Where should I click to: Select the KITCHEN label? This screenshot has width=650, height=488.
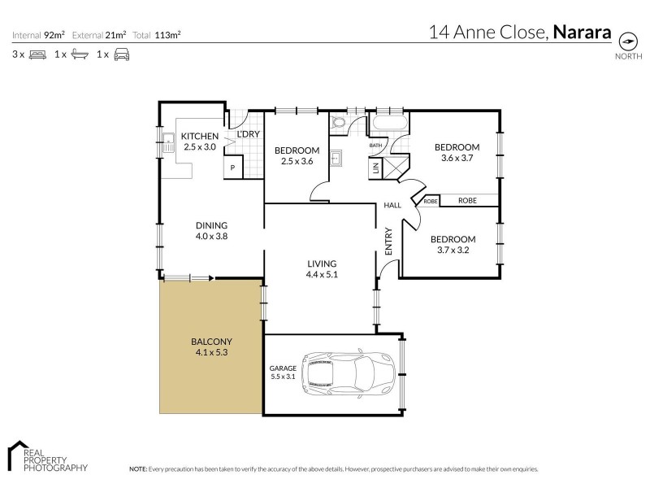tap(199, 136)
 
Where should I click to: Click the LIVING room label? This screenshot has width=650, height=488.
tap(322, 264)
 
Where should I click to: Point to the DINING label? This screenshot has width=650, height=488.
tap(210, 225)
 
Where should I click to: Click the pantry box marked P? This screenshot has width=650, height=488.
tap(232, 168)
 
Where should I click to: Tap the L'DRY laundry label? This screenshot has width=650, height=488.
tap(248, 134)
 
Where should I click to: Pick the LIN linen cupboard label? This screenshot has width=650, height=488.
tap(375, 168)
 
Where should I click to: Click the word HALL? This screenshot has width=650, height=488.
tap(393, 206)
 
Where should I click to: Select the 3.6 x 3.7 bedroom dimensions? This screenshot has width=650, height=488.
tap(457, 159)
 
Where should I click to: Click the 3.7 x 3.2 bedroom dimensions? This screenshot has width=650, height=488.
tap(453, 251)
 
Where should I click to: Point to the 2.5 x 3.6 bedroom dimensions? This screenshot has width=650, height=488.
tap(297, 162)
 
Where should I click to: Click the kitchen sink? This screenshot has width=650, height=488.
tap(170, 146)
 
